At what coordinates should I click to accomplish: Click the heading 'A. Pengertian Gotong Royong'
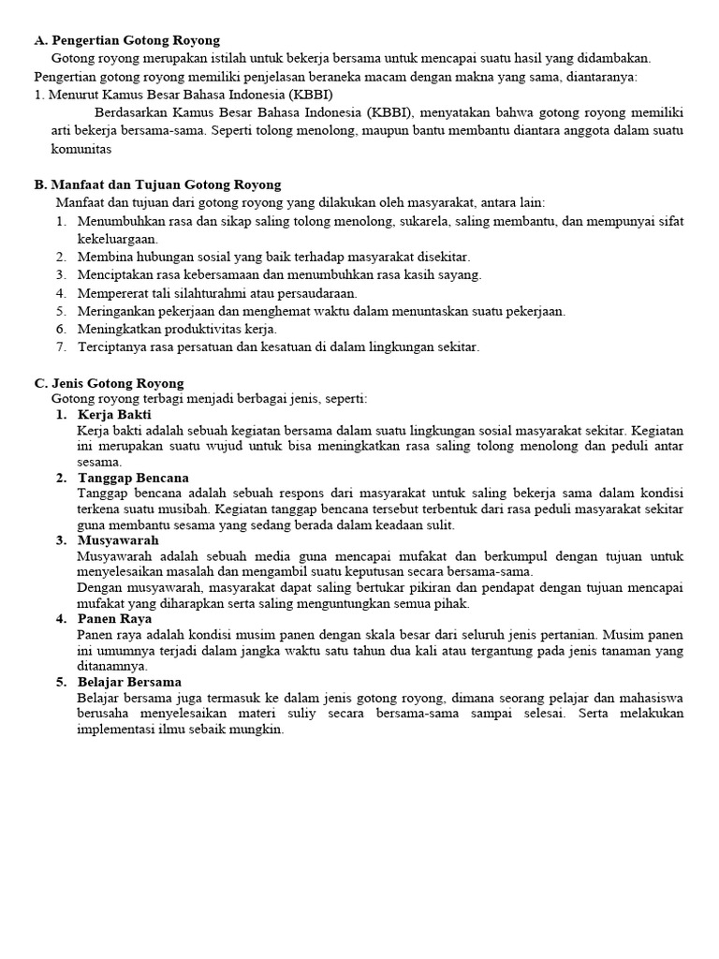(127, 40)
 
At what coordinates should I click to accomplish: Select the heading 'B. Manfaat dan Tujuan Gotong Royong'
(157, 184)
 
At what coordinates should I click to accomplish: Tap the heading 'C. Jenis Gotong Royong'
(110, 383)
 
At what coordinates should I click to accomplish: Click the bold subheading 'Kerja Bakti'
(114, 415)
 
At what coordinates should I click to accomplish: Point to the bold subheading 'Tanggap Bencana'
(133, 478)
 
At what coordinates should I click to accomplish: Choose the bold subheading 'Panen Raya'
(114, 619)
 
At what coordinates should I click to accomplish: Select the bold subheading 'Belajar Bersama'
(129, 682)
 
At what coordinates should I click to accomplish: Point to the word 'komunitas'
(81, 149)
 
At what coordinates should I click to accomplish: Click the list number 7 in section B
(60, 347)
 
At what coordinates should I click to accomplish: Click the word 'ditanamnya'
(112, 666)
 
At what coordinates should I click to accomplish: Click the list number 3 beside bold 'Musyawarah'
(60, 540)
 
